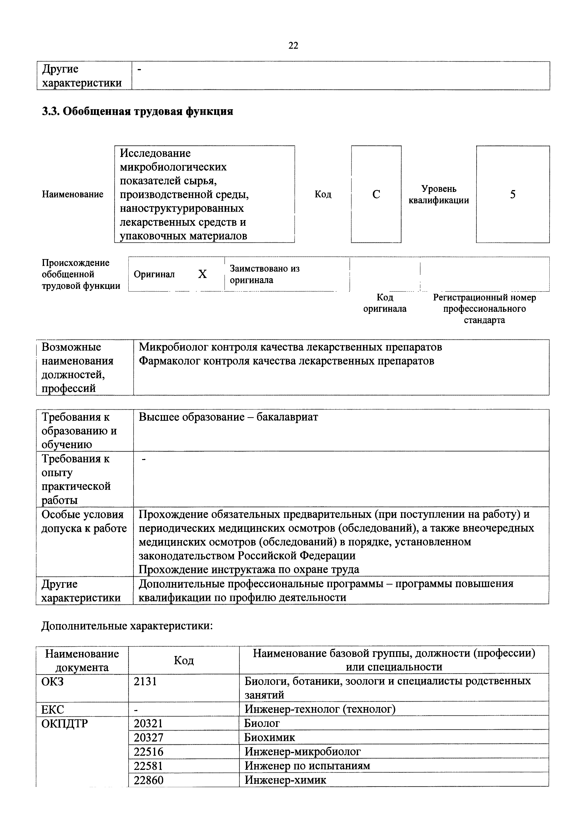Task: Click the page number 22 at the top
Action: pos(293,45)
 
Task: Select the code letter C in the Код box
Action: pos(376,195)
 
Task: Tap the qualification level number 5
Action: pos(513,195)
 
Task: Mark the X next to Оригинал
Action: pos(202,274)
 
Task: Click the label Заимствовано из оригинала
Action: pos(264,274)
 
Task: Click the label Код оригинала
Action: pos(385,303)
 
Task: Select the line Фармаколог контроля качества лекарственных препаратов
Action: pos(287,361)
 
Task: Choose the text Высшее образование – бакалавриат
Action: pos(228,417)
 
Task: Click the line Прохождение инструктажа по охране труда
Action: pos(249,569)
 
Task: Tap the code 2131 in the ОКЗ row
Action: pos(145,681)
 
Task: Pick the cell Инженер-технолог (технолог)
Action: pos(320,709)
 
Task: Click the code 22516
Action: pos(149,752)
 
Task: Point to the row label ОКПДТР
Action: pos(64,724)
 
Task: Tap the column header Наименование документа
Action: pos(82,660)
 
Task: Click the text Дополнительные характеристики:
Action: pos(127,626)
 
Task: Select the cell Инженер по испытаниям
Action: pos(307,766)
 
